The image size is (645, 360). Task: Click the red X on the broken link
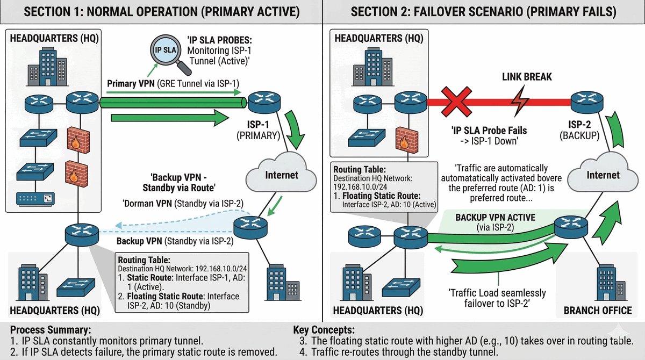(456, 102)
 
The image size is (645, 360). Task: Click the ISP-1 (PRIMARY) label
(259, 130)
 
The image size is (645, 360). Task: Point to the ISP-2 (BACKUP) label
(579, 130)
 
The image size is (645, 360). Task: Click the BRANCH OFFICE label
(598, 310)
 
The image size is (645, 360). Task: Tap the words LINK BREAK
(527, 77)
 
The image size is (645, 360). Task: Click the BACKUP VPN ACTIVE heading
(495, 217)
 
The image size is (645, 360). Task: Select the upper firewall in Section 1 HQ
(78, 140)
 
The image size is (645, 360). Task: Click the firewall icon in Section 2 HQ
(407, 140)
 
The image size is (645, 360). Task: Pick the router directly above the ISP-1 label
(264, 102)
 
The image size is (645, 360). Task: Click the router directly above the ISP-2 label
(587, 102)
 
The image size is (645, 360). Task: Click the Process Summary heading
(51, 329)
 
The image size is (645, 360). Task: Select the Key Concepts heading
(324, 330)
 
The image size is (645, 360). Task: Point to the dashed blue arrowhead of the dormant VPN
(118, 225)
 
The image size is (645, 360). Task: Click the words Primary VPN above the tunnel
(131, 84)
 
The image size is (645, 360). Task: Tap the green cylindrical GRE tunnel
(173, 103)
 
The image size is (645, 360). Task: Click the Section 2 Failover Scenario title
(484, 12)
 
